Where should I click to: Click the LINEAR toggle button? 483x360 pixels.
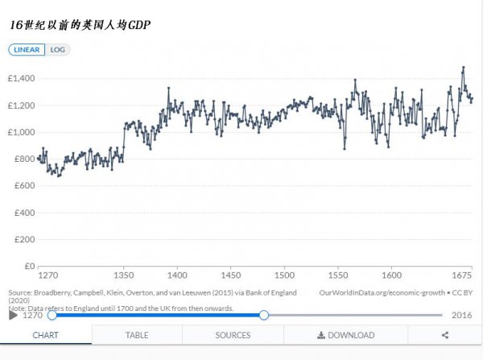pyautogui.click(x=27, y=50)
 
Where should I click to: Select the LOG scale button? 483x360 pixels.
pyautogui.click(x=58, y=50)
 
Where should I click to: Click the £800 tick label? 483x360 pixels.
pyautogui.click(x=23, y=159)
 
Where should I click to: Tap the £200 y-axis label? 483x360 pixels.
pyautogui.click(x=23, y=239)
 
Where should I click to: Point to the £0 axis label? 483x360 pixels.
pyautogui.click(x=28, y=266)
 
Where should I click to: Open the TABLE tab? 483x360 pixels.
pyautogui.click(x=137, y=335)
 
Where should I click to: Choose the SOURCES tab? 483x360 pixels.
pyautogui.click(x=233, y=335)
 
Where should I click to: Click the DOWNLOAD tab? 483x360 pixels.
pyautogui.click(x=346, y=335)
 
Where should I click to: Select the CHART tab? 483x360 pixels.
pyautogui.click(x=45, y=335)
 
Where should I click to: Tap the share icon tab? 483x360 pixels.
pyautogui.click(x=445, y=335)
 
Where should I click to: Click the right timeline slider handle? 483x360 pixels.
pyautogui.click(x=264, y=315)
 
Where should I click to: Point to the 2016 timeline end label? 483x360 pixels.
pyautogui.click(x=462, y=315)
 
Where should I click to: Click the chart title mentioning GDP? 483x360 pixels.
pyautogui.click(x=80, y=26)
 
